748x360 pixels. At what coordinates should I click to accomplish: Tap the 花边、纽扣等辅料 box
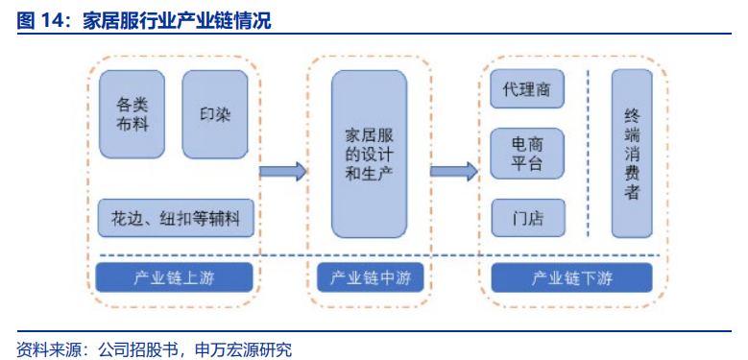click(x=176, y=219)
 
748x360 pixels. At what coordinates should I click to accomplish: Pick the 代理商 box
click(x=527, y=88)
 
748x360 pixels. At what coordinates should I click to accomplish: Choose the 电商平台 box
click(x=527, y=154)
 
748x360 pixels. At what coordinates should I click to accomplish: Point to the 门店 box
click(x=527, y=218)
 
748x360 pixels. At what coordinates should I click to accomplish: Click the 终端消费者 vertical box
click(x=632, y=154)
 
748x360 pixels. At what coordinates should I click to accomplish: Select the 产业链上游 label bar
click(x=175, y=278)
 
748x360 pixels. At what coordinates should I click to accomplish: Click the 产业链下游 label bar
click(x=571, y=278)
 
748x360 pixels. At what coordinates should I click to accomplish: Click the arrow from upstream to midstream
click(x=282, y=172)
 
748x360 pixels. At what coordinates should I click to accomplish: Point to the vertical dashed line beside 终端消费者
click(x=588, y=154)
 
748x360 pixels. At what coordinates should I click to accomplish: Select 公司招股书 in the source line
click(x=139, y=348)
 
